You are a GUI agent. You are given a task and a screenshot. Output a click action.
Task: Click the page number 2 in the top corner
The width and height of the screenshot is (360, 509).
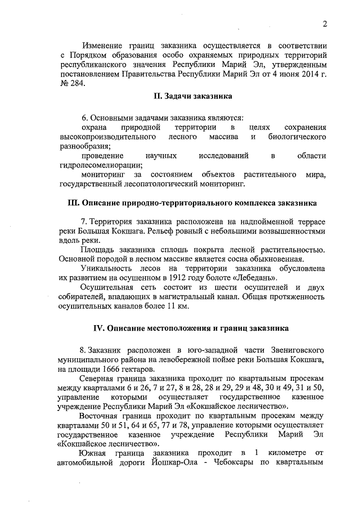point(325,24)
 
